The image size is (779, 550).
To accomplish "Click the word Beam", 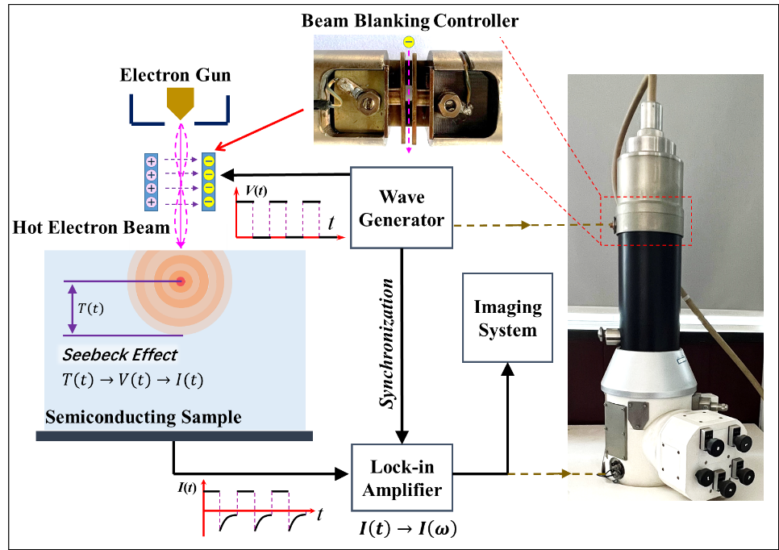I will coord(148,227).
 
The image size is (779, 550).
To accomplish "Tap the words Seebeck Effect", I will coord(119,355).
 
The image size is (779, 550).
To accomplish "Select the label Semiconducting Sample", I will coord(143,417).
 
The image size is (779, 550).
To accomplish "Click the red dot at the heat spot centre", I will coord(181,281).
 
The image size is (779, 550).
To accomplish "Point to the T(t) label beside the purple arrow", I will coord(90,307).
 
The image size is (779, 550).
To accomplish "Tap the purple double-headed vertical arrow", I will coord(73,307).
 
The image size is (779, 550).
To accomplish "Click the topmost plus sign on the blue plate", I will coord(151,160).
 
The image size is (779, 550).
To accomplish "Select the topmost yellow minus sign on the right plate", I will coord(209,160).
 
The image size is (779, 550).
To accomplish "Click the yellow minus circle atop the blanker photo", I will coord(408,42).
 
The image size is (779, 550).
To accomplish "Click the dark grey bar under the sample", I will coord(174,436).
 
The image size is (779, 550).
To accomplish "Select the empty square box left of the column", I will coord(507,317).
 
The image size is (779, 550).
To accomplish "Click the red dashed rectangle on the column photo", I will coord(646,220).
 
